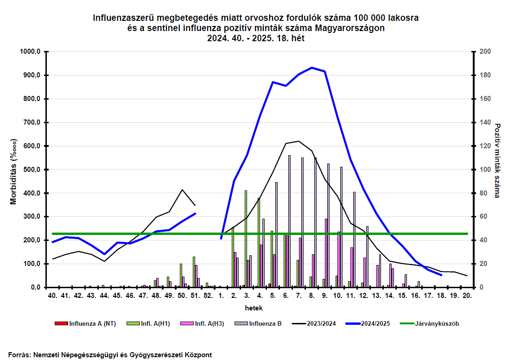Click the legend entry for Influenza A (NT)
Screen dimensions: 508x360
pos(85,323)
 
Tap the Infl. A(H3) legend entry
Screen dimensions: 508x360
pos(202,323)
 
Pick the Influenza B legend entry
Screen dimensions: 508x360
pos(258,323)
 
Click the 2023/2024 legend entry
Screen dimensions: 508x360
pos(314,323)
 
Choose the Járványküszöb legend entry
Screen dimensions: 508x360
pos(430,323)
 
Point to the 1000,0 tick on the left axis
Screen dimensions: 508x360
pos(30,51)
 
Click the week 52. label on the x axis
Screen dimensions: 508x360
pos(208,295)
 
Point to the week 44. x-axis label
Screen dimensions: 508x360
pos(104,295)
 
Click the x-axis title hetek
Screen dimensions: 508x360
pos(254,308)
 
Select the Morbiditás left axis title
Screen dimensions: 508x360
pos(13,171)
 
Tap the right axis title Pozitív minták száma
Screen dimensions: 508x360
pos(498,161)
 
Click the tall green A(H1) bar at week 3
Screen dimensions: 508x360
pos(246,239)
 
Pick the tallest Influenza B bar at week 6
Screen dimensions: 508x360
pos(289,221)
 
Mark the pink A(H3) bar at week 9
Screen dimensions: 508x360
pos(326,253)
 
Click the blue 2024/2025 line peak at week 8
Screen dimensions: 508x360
pos(311,68)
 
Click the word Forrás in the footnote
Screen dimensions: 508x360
pos(19,355)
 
